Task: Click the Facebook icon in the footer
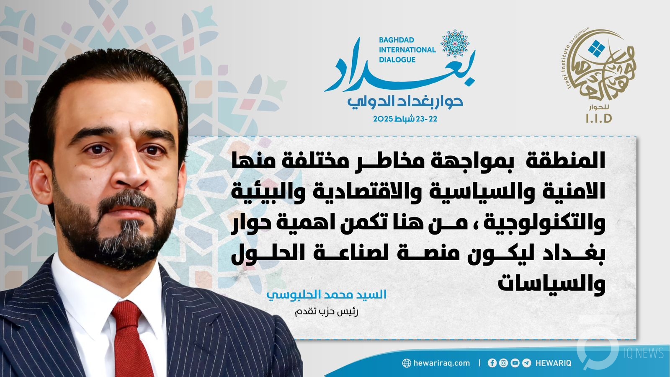[492, 363]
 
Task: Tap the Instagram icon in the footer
[503, 363]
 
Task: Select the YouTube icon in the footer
[515, 363]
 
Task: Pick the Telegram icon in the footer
[526, 363]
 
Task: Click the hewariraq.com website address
[441, 363]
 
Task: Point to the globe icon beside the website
[407, 363]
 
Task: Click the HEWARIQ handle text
[553, 363]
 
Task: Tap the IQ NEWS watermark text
[643, 354]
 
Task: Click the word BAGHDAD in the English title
[396, 40]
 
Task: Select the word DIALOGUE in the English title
[397, 60]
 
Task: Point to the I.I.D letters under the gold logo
[599, 119]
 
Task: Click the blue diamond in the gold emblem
[596, 49]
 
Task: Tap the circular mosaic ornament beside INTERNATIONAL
[455, 44]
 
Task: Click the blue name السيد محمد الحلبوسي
[326, 295]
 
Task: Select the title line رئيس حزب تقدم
[326, 312]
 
